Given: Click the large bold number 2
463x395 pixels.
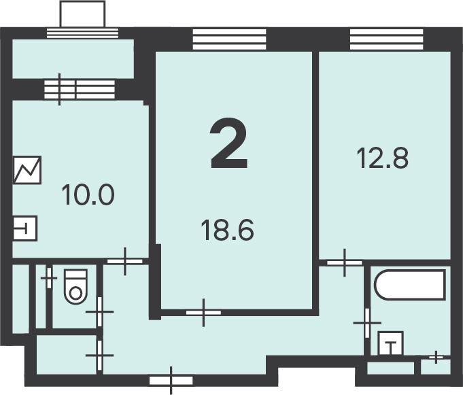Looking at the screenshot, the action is pyautogui.click(x=228, y=143).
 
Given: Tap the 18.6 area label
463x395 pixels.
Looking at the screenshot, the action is pyautogui.click(x=227, y=230).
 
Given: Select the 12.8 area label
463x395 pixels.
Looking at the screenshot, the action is pyautogui.click(x=383, y=158).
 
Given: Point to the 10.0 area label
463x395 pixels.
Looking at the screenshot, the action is pyautogui.click(x=88, y=194).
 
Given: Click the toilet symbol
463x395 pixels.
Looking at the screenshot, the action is pyautogui.click(x=76, y=287).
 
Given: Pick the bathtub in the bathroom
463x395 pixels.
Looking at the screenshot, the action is pyautogui.click(x=410, y=285).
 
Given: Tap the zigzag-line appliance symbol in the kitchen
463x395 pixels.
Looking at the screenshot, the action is pyautogui.click(x=27, y=170).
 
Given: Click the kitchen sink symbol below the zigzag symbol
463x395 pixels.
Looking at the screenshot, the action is pyautogui.click(x=25, y=228).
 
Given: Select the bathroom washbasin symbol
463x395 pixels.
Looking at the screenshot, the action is pyautogui.click(x=391, y=343).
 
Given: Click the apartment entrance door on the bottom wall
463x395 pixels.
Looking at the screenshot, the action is pyautogui.click(x=171, y=381).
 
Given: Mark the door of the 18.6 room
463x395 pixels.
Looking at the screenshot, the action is pyautogui.click(x=203, y=313).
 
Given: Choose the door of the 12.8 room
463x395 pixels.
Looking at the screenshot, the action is pyautogui.click(x=345, y=262).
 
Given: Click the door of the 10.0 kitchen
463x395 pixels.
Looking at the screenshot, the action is pyautogui.click(x=125, y=261).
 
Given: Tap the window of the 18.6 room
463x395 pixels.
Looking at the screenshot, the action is pyautogui.click(x=229, y=39).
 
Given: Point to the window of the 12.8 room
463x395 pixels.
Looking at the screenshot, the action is pyautogui.click(x=387, y=39).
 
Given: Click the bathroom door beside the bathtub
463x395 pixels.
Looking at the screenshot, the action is pyautogui.click(x=367, y=323).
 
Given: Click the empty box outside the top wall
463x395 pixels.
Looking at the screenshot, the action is pyautogui.click(x=82, y=14).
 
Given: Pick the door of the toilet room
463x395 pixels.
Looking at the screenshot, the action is pyautogui.click(x=99, y=312).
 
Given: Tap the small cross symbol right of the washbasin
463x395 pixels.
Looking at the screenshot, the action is pyautogui.click(x=436, y=357).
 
